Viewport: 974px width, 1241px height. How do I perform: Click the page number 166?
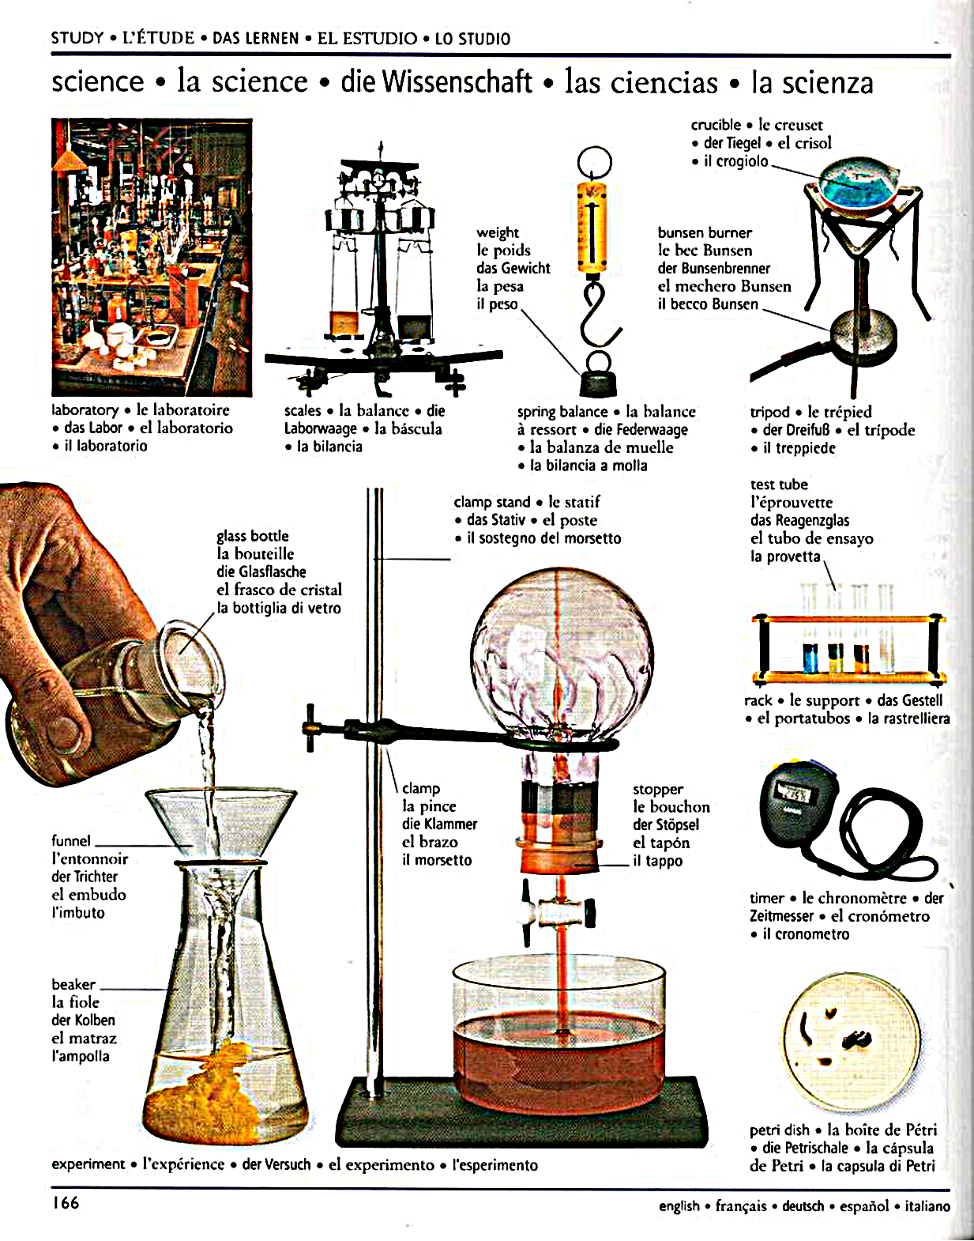(x=66, y=1203)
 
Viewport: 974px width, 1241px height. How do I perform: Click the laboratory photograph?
(x=152, y=257)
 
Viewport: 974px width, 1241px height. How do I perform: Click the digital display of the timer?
(x=794, y=793)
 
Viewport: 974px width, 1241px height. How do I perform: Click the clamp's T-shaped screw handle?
(x=310, y=727)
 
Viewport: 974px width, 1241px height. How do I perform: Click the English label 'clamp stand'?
(x=492, y=502)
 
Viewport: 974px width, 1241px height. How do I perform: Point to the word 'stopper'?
(x=658, y=789)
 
